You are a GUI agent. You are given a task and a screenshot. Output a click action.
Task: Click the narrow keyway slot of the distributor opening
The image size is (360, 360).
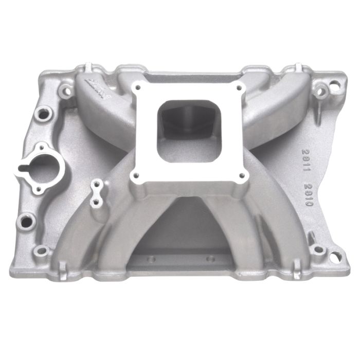coord(24,168)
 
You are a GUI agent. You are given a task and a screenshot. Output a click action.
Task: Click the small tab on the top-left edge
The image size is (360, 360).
coord(86,67)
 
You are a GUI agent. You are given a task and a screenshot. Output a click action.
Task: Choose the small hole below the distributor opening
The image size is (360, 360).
coord(25,221)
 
